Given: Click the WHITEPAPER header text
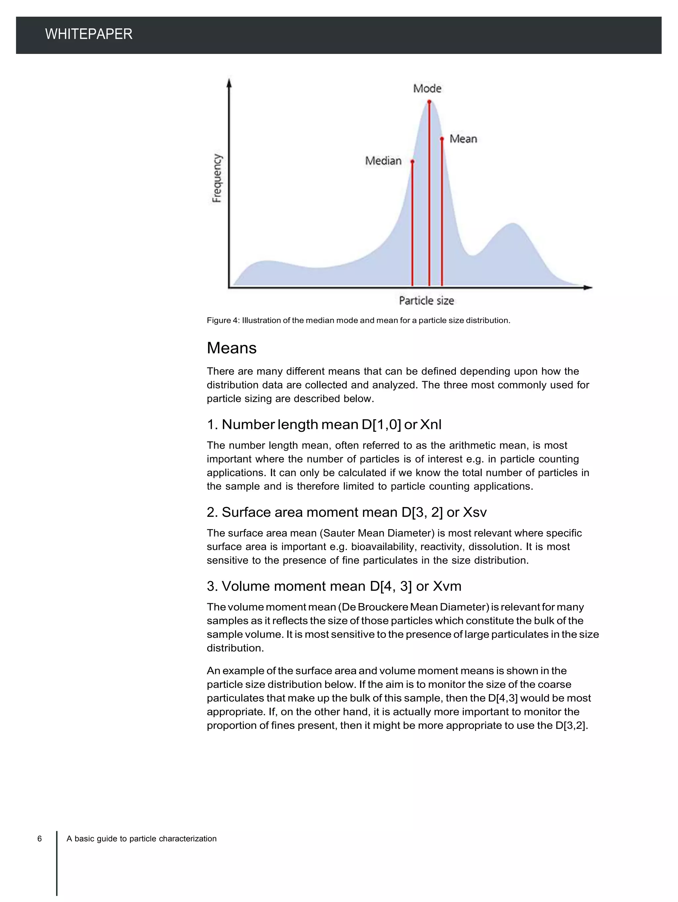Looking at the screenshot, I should (88, 34).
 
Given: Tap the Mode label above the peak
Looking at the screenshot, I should (427, 88).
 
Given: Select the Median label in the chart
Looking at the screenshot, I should (383, 161).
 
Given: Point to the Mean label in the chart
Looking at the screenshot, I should (463, 139).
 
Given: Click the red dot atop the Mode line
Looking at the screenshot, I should (429, 102).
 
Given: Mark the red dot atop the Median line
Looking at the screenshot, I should (412, 162).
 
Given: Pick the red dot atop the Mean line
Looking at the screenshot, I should (442, 139).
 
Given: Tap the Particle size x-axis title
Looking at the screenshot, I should (426, 300).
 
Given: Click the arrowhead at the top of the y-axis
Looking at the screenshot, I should (229, 82).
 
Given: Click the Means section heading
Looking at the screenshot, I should (231, 348).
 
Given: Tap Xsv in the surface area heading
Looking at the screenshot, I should (475, 512).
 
